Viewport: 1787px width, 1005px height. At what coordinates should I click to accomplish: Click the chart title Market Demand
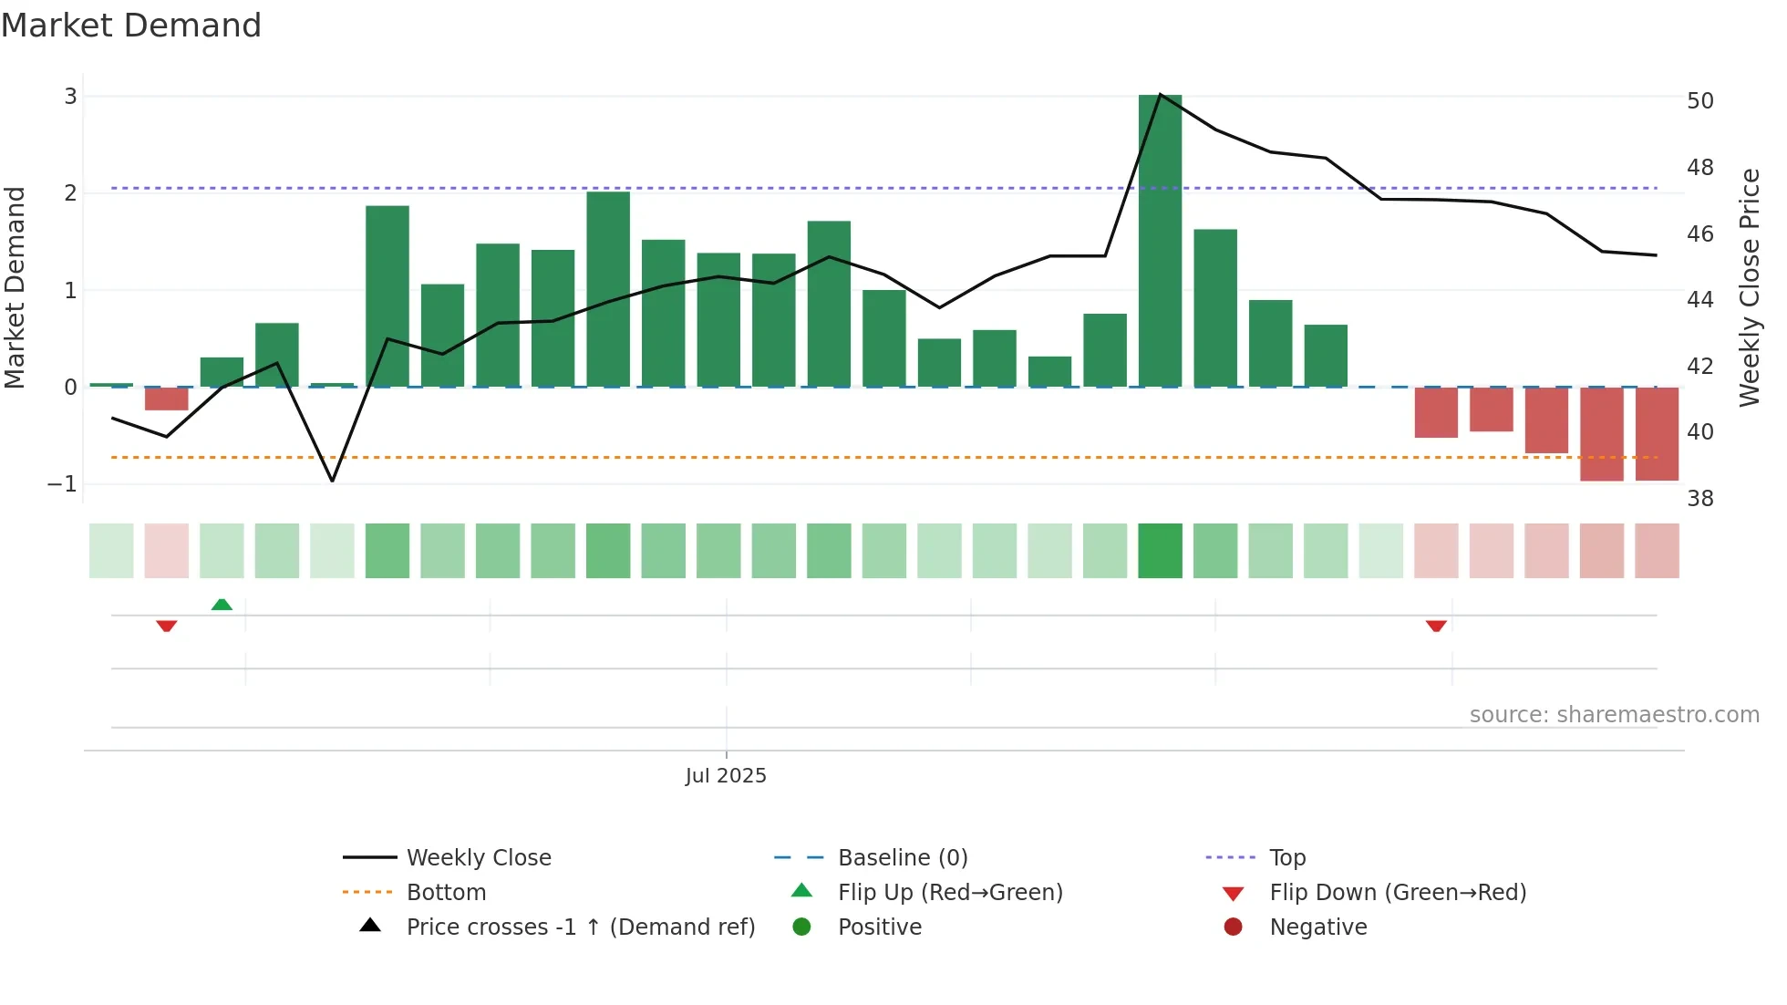point(131,26)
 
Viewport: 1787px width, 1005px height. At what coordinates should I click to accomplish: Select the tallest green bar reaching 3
point(1160,241)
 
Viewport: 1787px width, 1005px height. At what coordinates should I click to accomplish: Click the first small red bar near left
point(166,399)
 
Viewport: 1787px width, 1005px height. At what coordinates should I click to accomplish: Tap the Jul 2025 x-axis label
point(726,776)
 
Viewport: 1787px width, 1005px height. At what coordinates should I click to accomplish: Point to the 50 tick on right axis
point(1699,101)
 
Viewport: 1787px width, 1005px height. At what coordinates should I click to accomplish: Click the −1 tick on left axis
point(62,484)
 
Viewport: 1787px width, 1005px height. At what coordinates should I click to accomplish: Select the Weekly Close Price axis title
point(1749,287)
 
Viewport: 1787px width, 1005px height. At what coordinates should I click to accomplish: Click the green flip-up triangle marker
point(222,605)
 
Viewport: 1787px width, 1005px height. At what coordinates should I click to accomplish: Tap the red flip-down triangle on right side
point(1436,626)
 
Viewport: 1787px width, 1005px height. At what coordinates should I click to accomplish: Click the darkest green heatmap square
point(1160,551)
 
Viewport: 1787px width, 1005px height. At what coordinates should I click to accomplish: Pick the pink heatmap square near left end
point(166,551)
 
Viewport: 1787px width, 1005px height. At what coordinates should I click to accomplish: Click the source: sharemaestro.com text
point(1614,715)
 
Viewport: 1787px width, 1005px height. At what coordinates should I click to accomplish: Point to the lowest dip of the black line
point(332,481)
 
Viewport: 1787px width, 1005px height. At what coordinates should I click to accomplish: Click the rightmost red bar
point(1657,433)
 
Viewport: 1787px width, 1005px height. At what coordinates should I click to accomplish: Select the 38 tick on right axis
point(1699,499)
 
